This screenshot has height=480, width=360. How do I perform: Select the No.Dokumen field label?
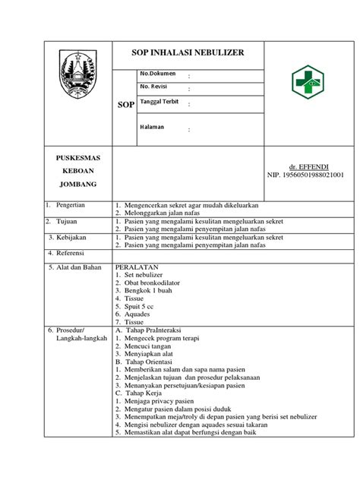(157, 73)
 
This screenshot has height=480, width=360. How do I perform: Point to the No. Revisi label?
(154, 87)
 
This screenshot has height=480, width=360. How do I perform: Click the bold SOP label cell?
(125, 103)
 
